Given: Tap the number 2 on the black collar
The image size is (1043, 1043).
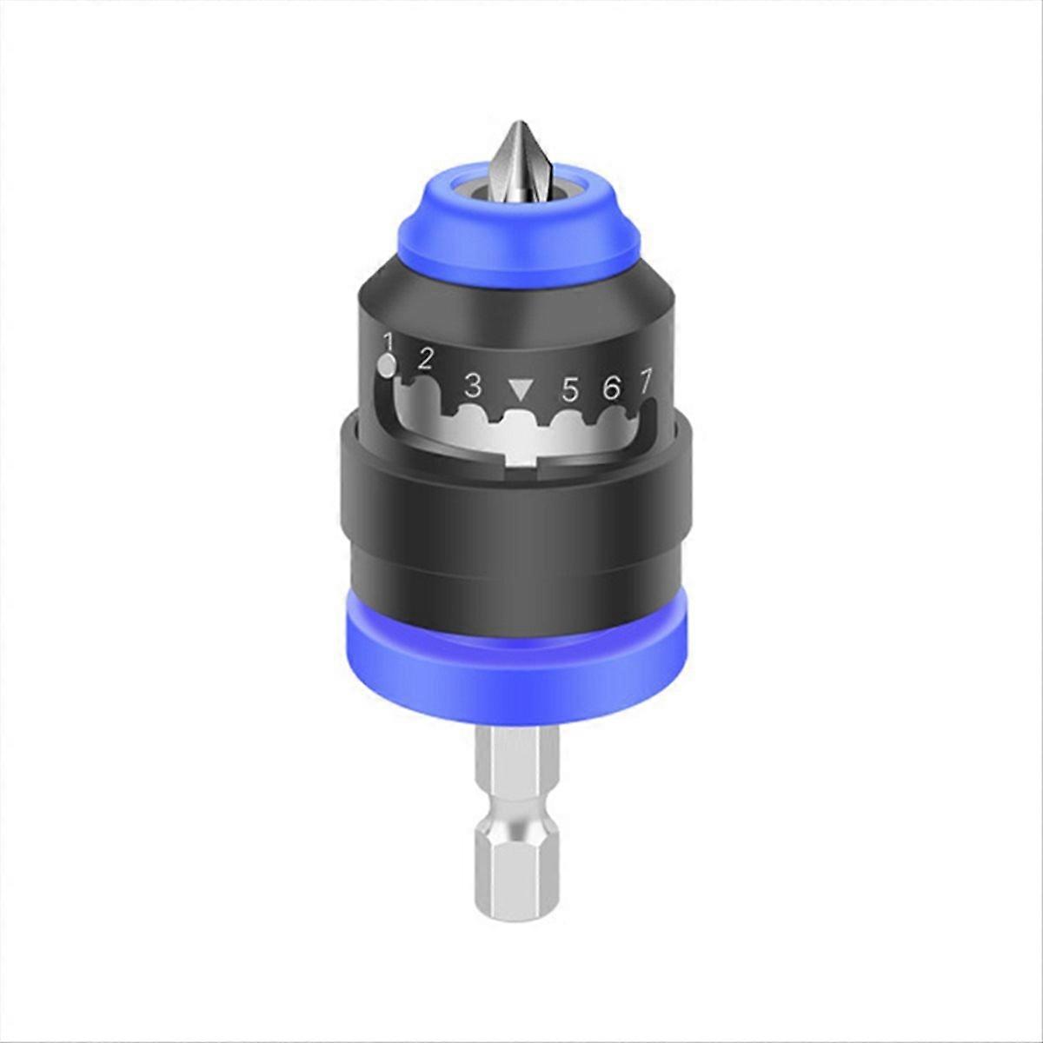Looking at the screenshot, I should pyautogui.click(x=426, y=358).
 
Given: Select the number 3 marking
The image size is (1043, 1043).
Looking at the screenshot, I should pyautogui.click(x=473, y=384).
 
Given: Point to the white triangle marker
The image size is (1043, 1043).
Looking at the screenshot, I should pyautogui.click(x=521, y=388).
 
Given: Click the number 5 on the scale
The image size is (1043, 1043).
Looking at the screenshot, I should pyautogui.click(x=570, y=390).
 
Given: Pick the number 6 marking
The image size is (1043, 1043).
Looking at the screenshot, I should pyautogui.click(x=612, y=388).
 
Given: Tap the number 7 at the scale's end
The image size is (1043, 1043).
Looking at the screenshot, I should pyautogui.click(x=646, y=380).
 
